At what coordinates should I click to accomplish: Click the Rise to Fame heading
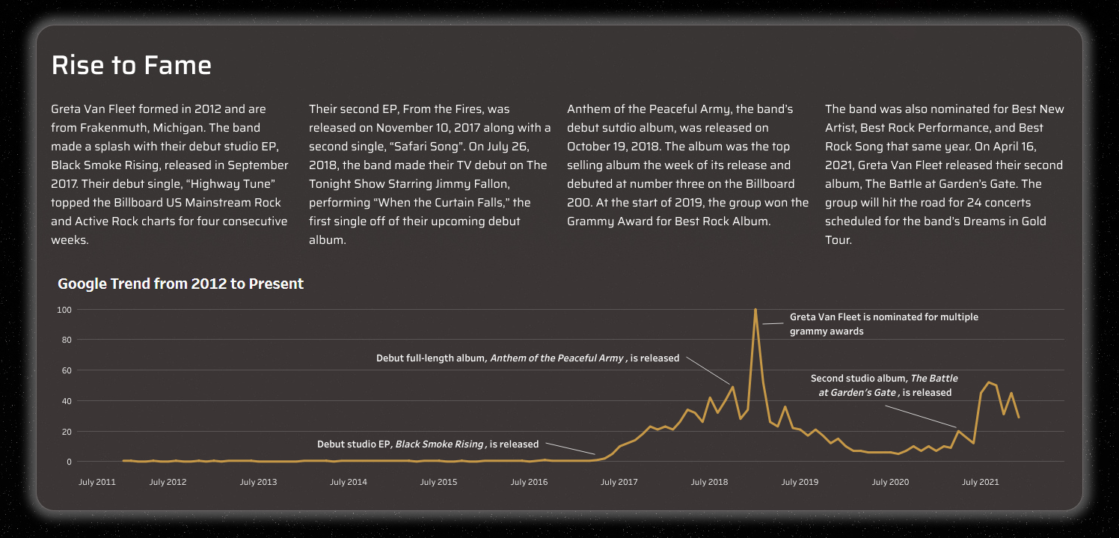131,66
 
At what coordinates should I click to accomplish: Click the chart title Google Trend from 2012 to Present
180,284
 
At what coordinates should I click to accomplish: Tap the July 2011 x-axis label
97,482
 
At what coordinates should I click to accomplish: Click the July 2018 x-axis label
709,482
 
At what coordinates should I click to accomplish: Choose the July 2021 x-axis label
981,482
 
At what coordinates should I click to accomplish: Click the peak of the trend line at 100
755,309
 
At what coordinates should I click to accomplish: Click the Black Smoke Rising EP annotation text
427,444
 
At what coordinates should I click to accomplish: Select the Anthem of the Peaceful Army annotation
527,358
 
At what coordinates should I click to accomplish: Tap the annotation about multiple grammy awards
883,324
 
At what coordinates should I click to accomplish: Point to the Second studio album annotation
884,385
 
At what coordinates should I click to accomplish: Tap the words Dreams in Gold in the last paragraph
1008,221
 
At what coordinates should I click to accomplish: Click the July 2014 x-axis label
349,482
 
